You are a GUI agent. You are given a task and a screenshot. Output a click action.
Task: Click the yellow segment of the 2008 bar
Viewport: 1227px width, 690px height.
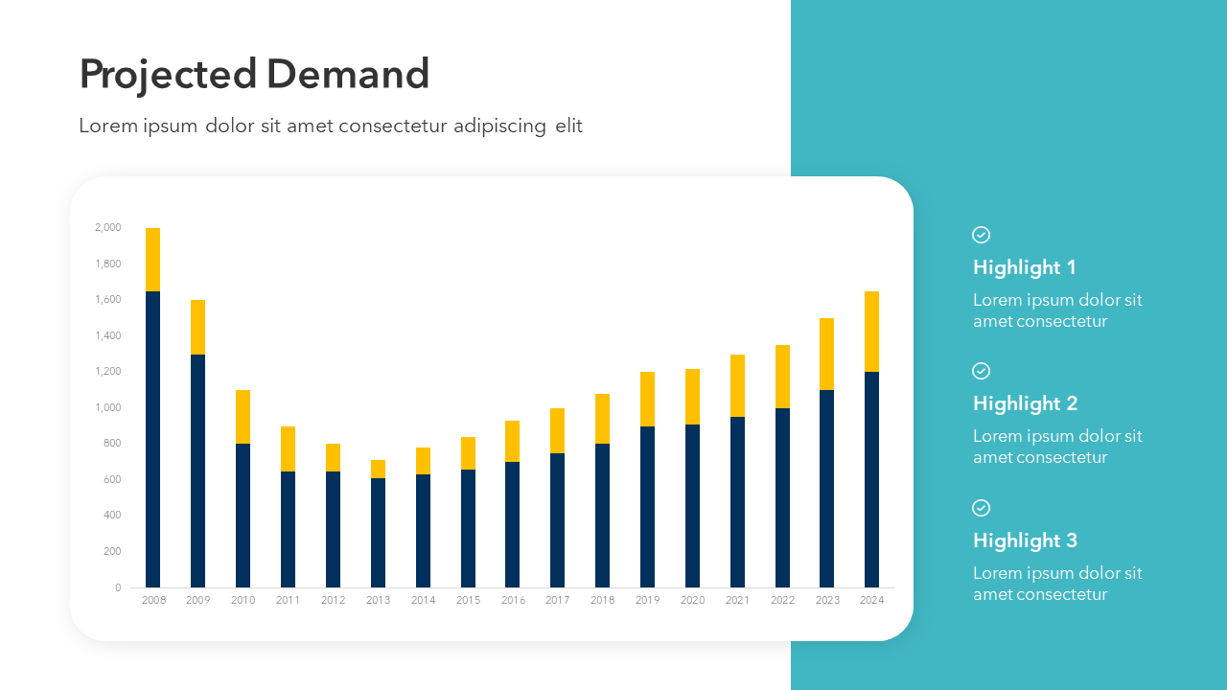152,259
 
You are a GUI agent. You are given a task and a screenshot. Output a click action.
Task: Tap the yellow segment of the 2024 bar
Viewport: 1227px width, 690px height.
871,331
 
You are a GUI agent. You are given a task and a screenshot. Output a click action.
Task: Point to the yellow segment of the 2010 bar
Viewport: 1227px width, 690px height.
243,416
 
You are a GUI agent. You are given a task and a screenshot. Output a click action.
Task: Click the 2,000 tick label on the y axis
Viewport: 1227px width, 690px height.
108,227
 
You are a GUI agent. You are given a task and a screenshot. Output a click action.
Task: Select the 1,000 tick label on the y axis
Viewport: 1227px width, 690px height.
108,407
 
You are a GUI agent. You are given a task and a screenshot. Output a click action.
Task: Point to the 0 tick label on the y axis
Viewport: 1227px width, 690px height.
118,587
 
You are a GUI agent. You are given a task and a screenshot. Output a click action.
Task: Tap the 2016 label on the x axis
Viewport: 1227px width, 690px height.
513,600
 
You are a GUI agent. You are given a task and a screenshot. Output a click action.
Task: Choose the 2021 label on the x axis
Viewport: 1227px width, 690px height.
737,600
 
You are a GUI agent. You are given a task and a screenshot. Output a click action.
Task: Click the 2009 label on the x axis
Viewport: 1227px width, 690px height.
197,600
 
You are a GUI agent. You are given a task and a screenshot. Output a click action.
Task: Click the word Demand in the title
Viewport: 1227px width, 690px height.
348,75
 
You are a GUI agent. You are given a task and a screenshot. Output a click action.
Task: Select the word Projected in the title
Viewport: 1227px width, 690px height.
168,75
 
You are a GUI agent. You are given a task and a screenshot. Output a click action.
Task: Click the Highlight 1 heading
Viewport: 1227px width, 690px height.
1024,267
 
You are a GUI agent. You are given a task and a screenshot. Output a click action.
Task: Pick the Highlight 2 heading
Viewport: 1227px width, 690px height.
1025,403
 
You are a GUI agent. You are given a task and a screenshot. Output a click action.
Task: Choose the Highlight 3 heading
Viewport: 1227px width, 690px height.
1025,540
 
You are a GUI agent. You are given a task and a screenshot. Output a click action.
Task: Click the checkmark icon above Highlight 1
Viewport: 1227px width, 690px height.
981,235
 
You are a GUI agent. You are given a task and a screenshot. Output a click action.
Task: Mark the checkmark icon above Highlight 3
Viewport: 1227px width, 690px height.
981,508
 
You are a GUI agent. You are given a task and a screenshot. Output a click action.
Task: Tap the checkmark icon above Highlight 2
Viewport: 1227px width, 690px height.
981,371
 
